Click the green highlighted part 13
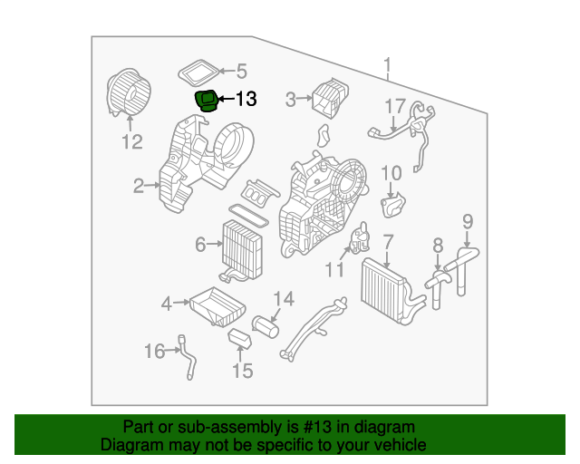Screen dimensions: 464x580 tap(207, 100)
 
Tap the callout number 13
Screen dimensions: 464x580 tap(246, 100)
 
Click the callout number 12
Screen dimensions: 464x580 tap(132, 141)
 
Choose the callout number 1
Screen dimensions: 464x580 tap(387, 67)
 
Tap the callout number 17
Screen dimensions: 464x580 tap(395, 106)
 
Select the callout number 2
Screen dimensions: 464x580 tap(139, 187)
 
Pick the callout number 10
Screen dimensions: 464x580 tap(391, 173)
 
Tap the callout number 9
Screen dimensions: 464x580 tap(468, 220)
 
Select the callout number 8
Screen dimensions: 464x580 tap(437, 244)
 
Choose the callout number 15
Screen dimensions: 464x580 tap(242, 370)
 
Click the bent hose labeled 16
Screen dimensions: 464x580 tap(188, 356)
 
